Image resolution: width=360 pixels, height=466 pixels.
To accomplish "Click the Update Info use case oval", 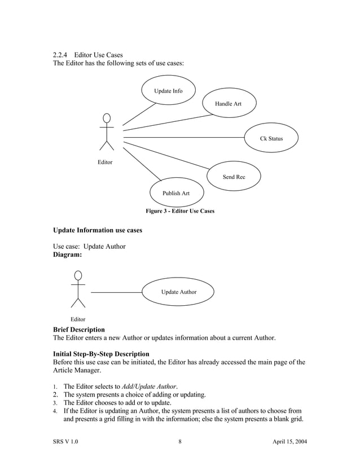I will (168, 91).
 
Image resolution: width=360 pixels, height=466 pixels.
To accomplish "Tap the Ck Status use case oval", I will (271, 138).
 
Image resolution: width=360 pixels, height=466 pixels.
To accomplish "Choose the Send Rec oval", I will (234, 177).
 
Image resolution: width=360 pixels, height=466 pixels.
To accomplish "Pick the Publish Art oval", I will (176, 193).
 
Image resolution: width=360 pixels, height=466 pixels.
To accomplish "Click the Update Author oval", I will (179, 292).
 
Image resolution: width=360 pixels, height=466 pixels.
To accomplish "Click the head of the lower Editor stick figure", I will (78, 275).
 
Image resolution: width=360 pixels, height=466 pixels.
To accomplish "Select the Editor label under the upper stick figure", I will (104, 162).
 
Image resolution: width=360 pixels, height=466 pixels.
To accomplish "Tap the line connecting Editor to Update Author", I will (116, 292).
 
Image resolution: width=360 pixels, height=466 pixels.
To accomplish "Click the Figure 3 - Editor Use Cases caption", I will (180, 211).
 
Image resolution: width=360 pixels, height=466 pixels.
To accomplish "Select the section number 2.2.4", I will (60, 55).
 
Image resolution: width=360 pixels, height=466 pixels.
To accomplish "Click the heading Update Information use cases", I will (97, 230).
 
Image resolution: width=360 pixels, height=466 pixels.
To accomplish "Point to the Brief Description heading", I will (78, 329).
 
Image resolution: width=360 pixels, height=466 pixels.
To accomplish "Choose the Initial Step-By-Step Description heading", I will (101, 354).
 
